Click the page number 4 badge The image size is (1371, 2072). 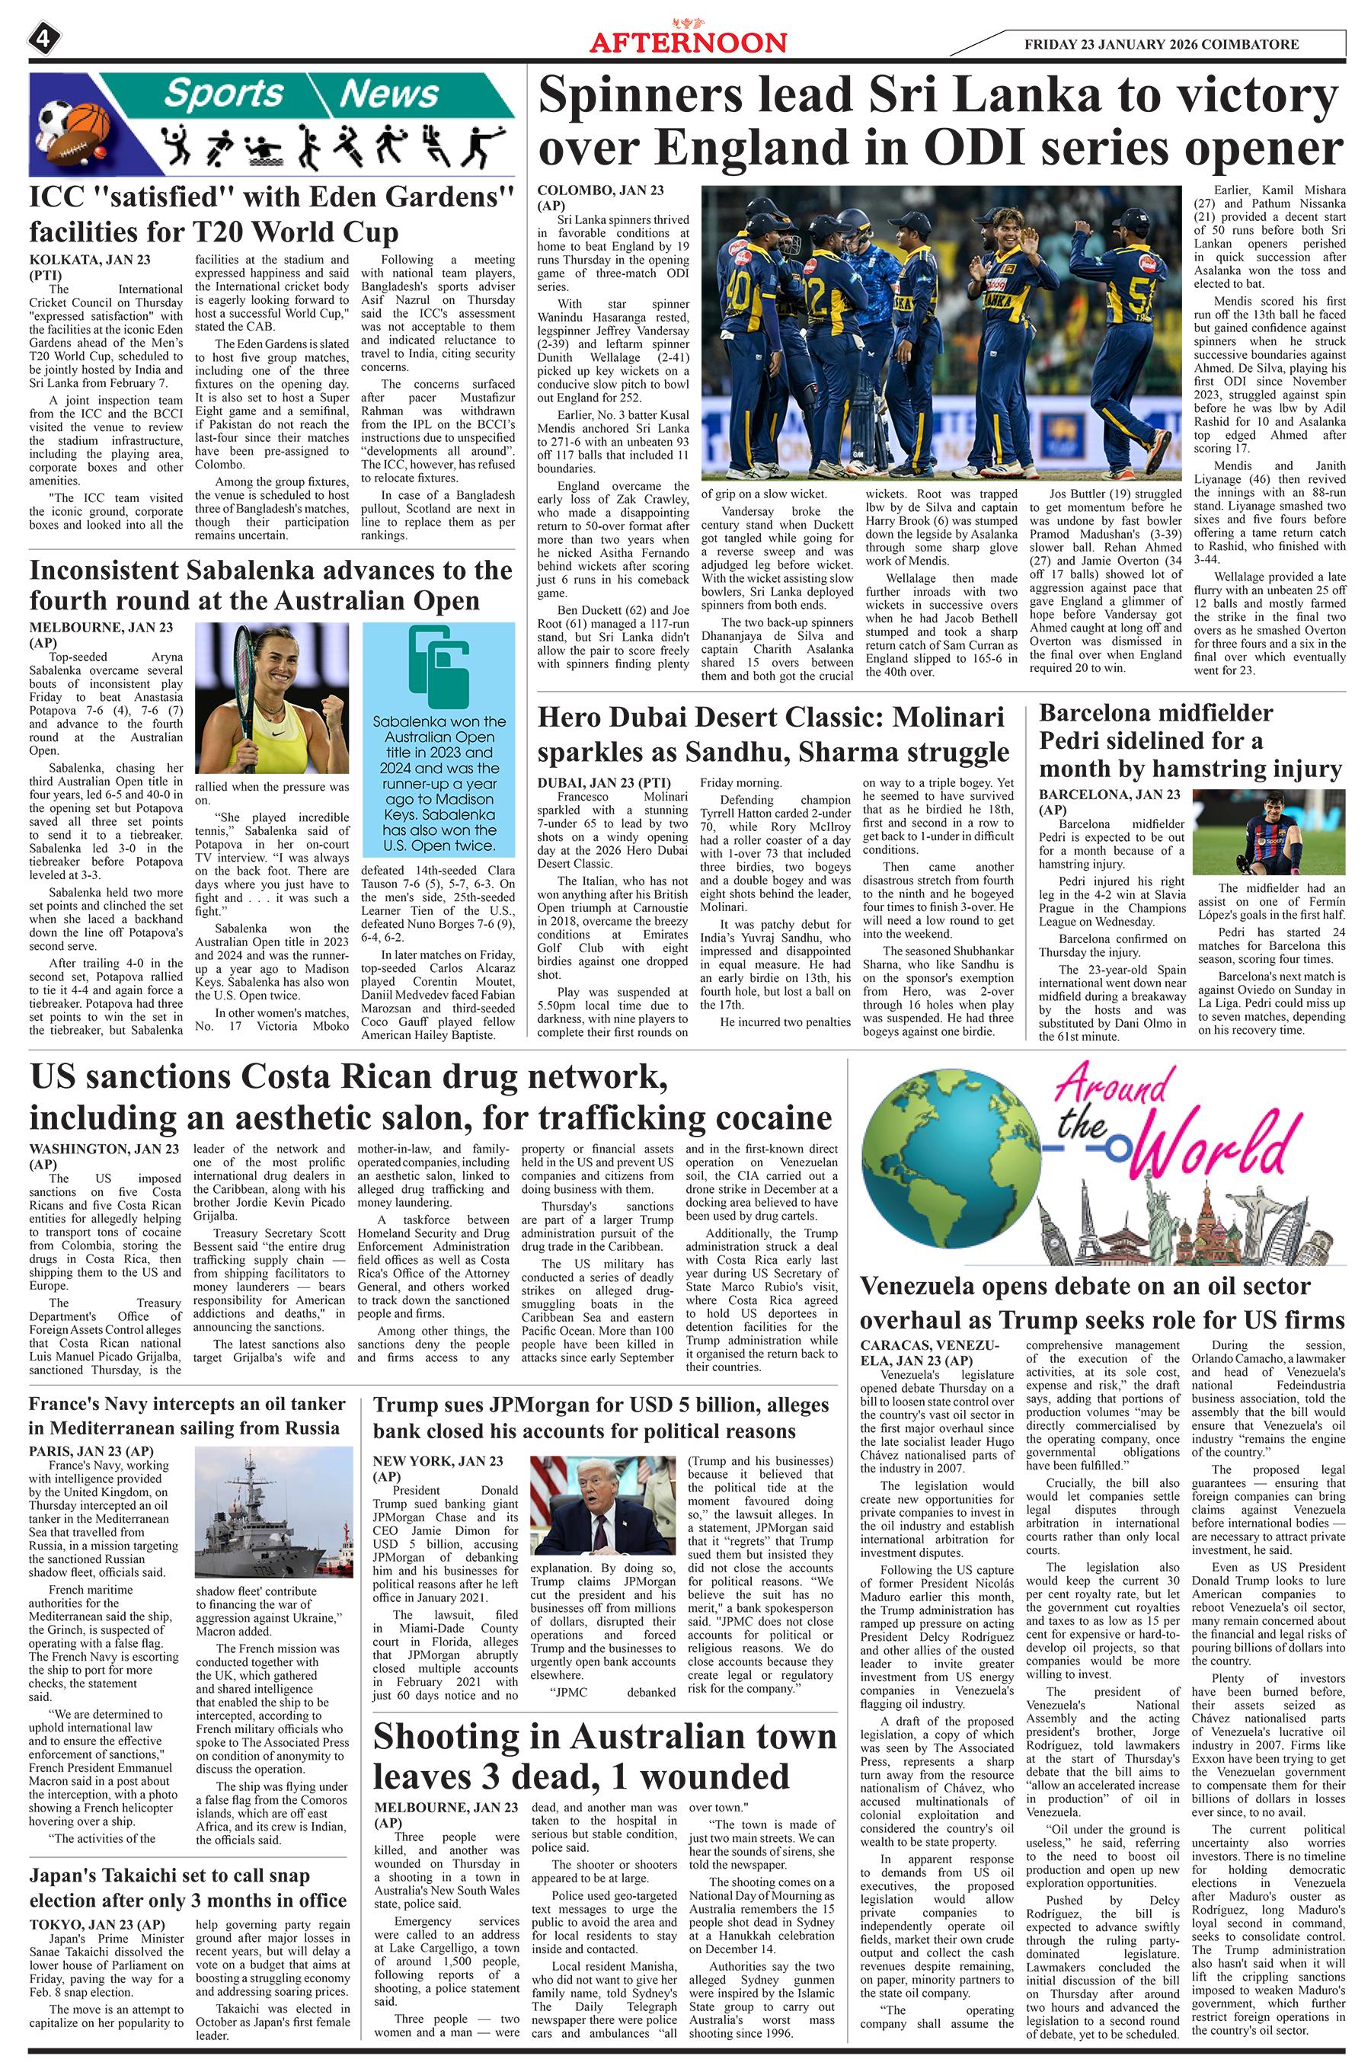[x=43, y=37]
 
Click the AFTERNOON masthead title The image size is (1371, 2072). [x=688, y=43]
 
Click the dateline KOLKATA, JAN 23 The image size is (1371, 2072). [x=89, y=260]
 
